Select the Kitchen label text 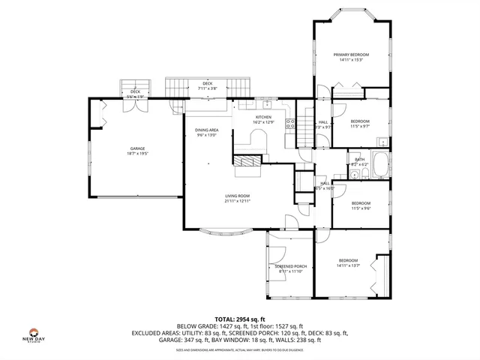[263, 117]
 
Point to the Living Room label [237, 196]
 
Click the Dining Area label [207, 130]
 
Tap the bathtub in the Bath [379, 164]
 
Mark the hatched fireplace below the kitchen [247, 160]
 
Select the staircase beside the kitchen [304, 128]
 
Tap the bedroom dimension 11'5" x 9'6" [361, 208]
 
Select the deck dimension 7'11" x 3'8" [207, 88]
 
